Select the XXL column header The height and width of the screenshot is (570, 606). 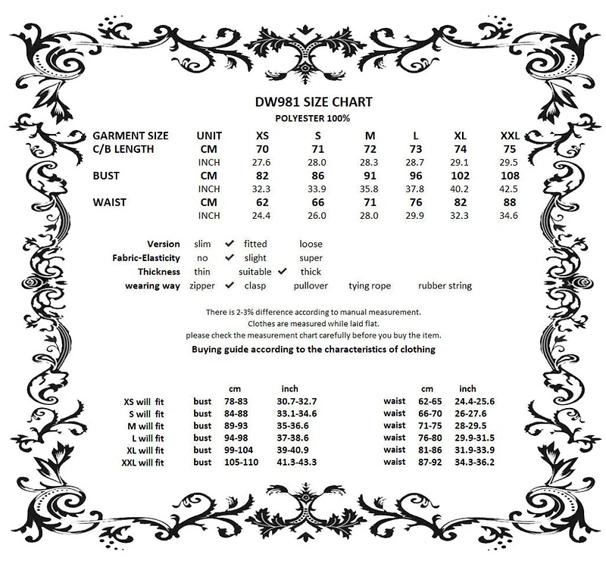(x=511, y=135)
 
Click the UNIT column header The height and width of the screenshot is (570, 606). (x=208, y=135)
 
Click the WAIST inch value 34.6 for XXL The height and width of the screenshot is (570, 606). (x=509, y=216)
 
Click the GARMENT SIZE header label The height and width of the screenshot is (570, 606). (x=130, y=135)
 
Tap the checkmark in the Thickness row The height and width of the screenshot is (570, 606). (x=283, y=271)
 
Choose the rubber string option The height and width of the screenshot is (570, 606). (x=445, y=285)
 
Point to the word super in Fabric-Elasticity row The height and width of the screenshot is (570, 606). (x=311, y=257)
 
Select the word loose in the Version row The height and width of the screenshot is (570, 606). (x=311, y=244)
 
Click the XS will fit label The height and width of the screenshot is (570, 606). (x=144, y=401)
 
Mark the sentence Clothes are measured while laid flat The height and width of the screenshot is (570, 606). (x=313, y=323)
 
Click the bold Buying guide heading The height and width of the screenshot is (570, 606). (x=313, y=349)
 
